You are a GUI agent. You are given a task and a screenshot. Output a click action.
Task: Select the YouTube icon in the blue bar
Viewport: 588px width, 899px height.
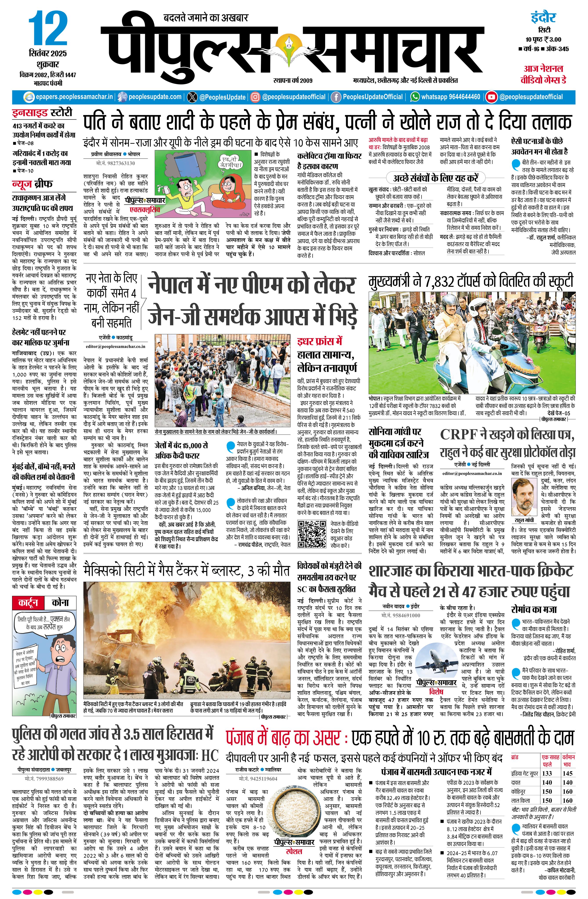[x=491, y=97]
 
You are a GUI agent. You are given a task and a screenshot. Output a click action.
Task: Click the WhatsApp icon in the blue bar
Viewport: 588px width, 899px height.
[x=415, y=97]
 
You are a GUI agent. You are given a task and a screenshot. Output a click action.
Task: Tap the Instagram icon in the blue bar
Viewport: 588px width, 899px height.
[x=256, y=97]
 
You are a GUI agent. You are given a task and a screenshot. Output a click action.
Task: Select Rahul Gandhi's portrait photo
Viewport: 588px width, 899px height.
[x=524, y=497]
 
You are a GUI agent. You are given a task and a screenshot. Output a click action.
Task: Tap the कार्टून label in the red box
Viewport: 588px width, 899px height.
[x=28, y=602]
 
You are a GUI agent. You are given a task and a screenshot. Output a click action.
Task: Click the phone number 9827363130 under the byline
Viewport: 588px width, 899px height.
[x=115, y=163]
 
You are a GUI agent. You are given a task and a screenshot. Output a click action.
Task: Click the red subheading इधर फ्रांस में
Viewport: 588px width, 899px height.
[x=319, y=341]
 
